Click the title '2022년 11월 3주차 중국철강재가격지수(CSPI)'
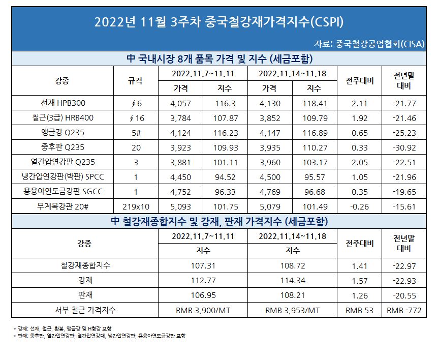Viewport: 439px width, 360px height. click(219, 22)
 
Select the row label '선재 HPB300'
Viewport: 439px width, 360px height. click(62, 103)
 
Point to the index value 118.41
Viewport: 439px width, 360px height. click(314, 103)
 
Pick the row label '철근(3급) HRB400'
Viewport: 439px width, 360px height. click(62, 118)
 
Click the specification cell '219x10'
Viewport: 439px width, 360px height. click(135, 206)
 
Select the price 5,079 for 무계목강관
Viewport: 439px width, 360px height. click(269, 206)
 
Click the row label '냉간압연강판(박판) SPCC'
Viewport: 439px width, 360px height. click(62, 177)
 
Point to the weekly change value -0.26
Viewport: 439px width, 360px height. click(360, 206)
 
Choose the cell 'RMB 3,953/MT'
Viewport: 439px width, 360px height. click(293, 310)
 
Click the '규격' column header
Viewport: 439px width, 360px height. click(135, 80)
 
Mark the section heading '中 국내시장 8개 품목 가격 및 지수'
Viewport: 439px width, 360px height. click(219, 58)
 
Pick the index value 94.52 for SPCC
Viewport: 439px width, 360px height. click(225, 177)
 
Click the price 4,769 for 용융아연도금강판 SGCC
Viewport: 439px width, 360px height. click(269, 192)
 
